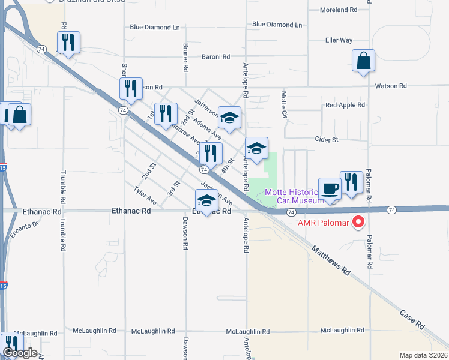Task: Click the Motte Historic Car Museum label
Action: click(295, 196)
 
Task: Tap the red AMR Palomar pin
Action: click(358, 223)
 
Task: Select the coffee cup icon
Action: click(330, 188)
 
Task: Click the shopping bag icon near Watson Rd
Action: click(363, 61)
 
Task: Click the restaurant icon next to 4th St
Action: click(211, 154)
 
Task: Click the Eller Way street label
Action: click(339, 40)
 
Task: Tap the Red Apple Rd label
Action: click(345, 105)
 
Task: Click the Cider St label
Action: click(327, 139)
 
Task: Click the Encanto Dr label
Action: click(27, 227)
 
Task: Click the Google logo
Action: click(19, 353)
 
